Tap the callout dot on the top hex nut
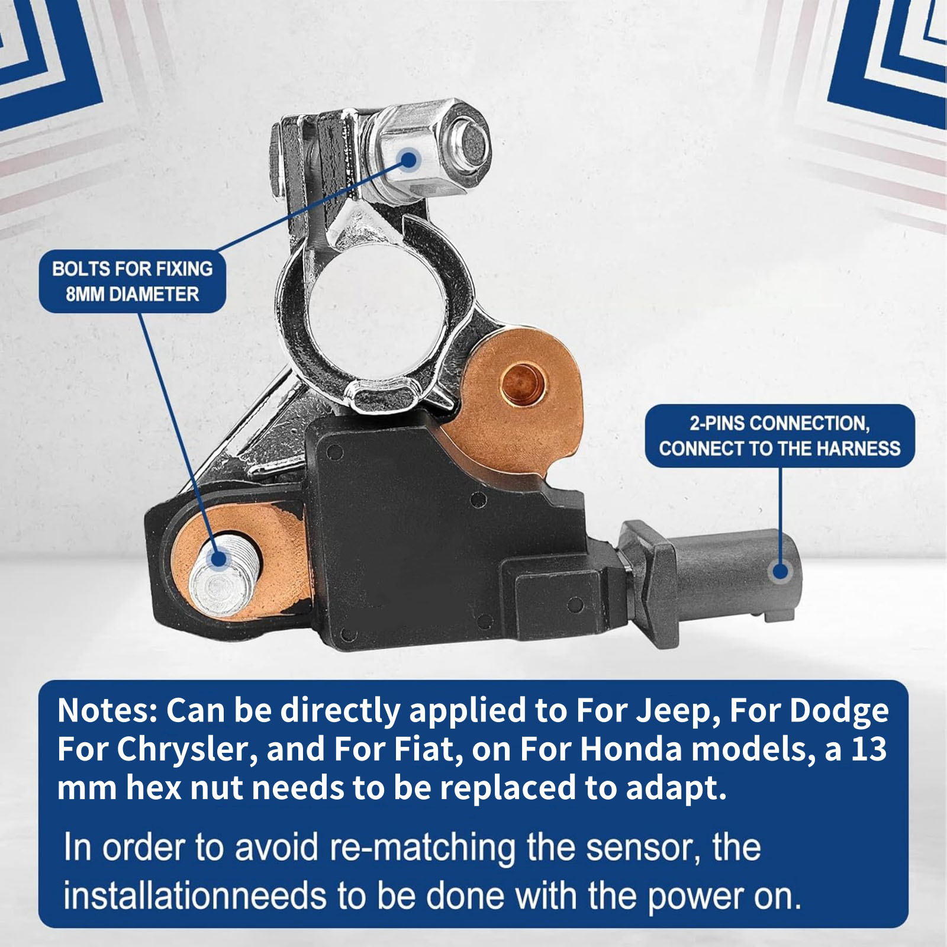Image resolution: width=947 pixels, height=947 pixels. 410,158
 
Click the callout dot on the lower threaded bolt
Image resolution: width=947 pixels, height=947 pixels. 218,558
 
